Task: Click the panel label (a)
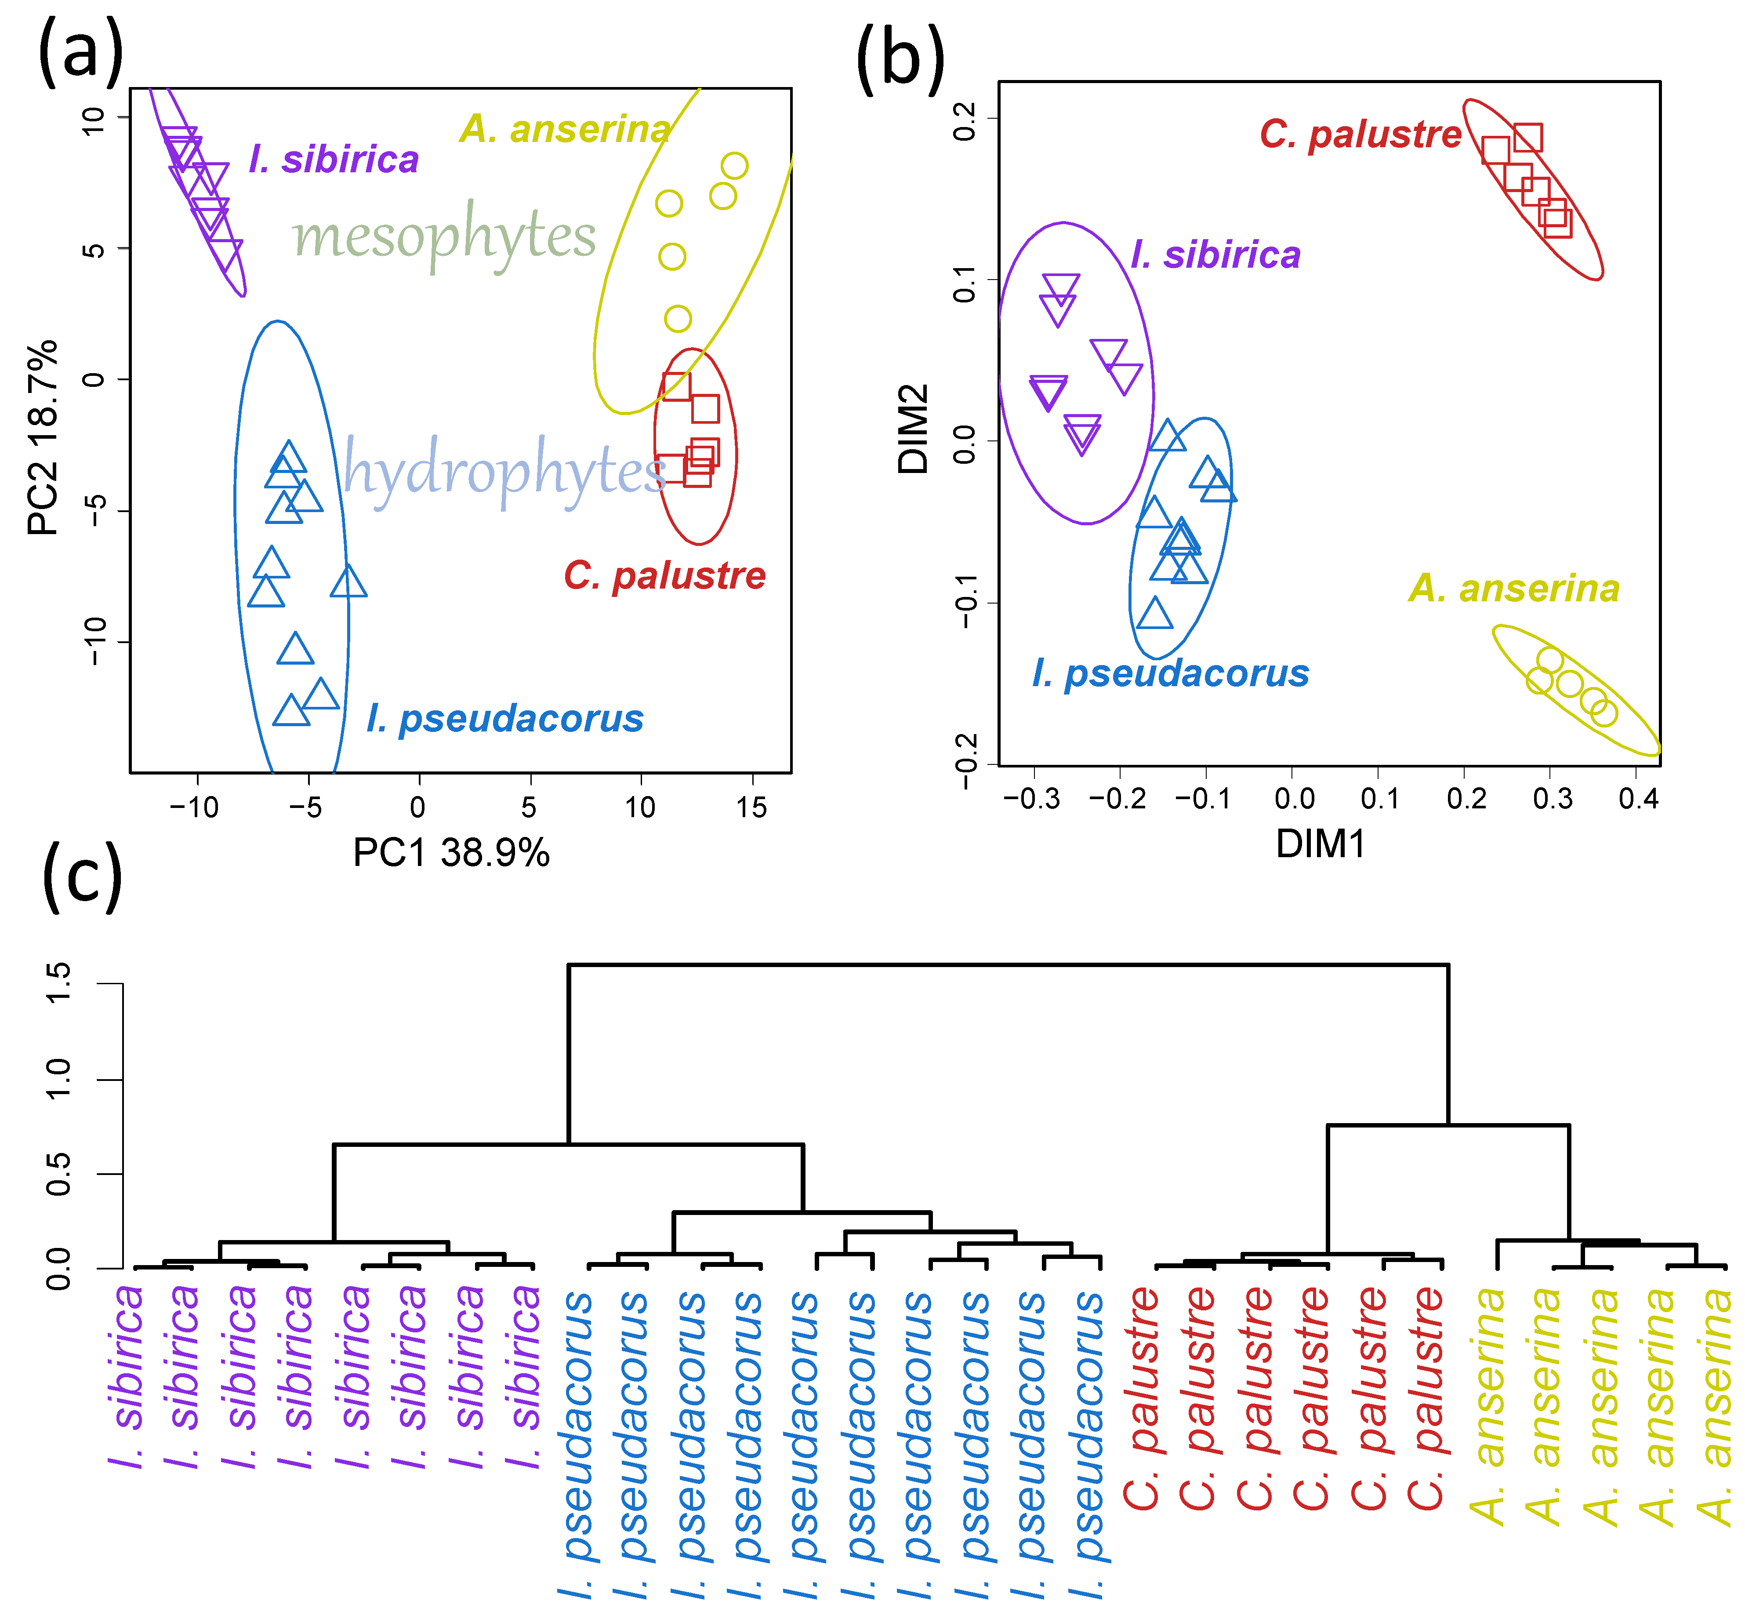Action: pyautogui.click(x=80, y=54)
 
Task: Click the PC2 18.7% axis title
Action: pyautogui.click(x=44, y=437)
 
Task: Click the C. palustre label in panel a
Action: pyautogui.click(x=664, y=576)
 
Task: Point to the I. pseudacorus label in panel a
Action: pyautogui.click(x=505, y=718)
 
